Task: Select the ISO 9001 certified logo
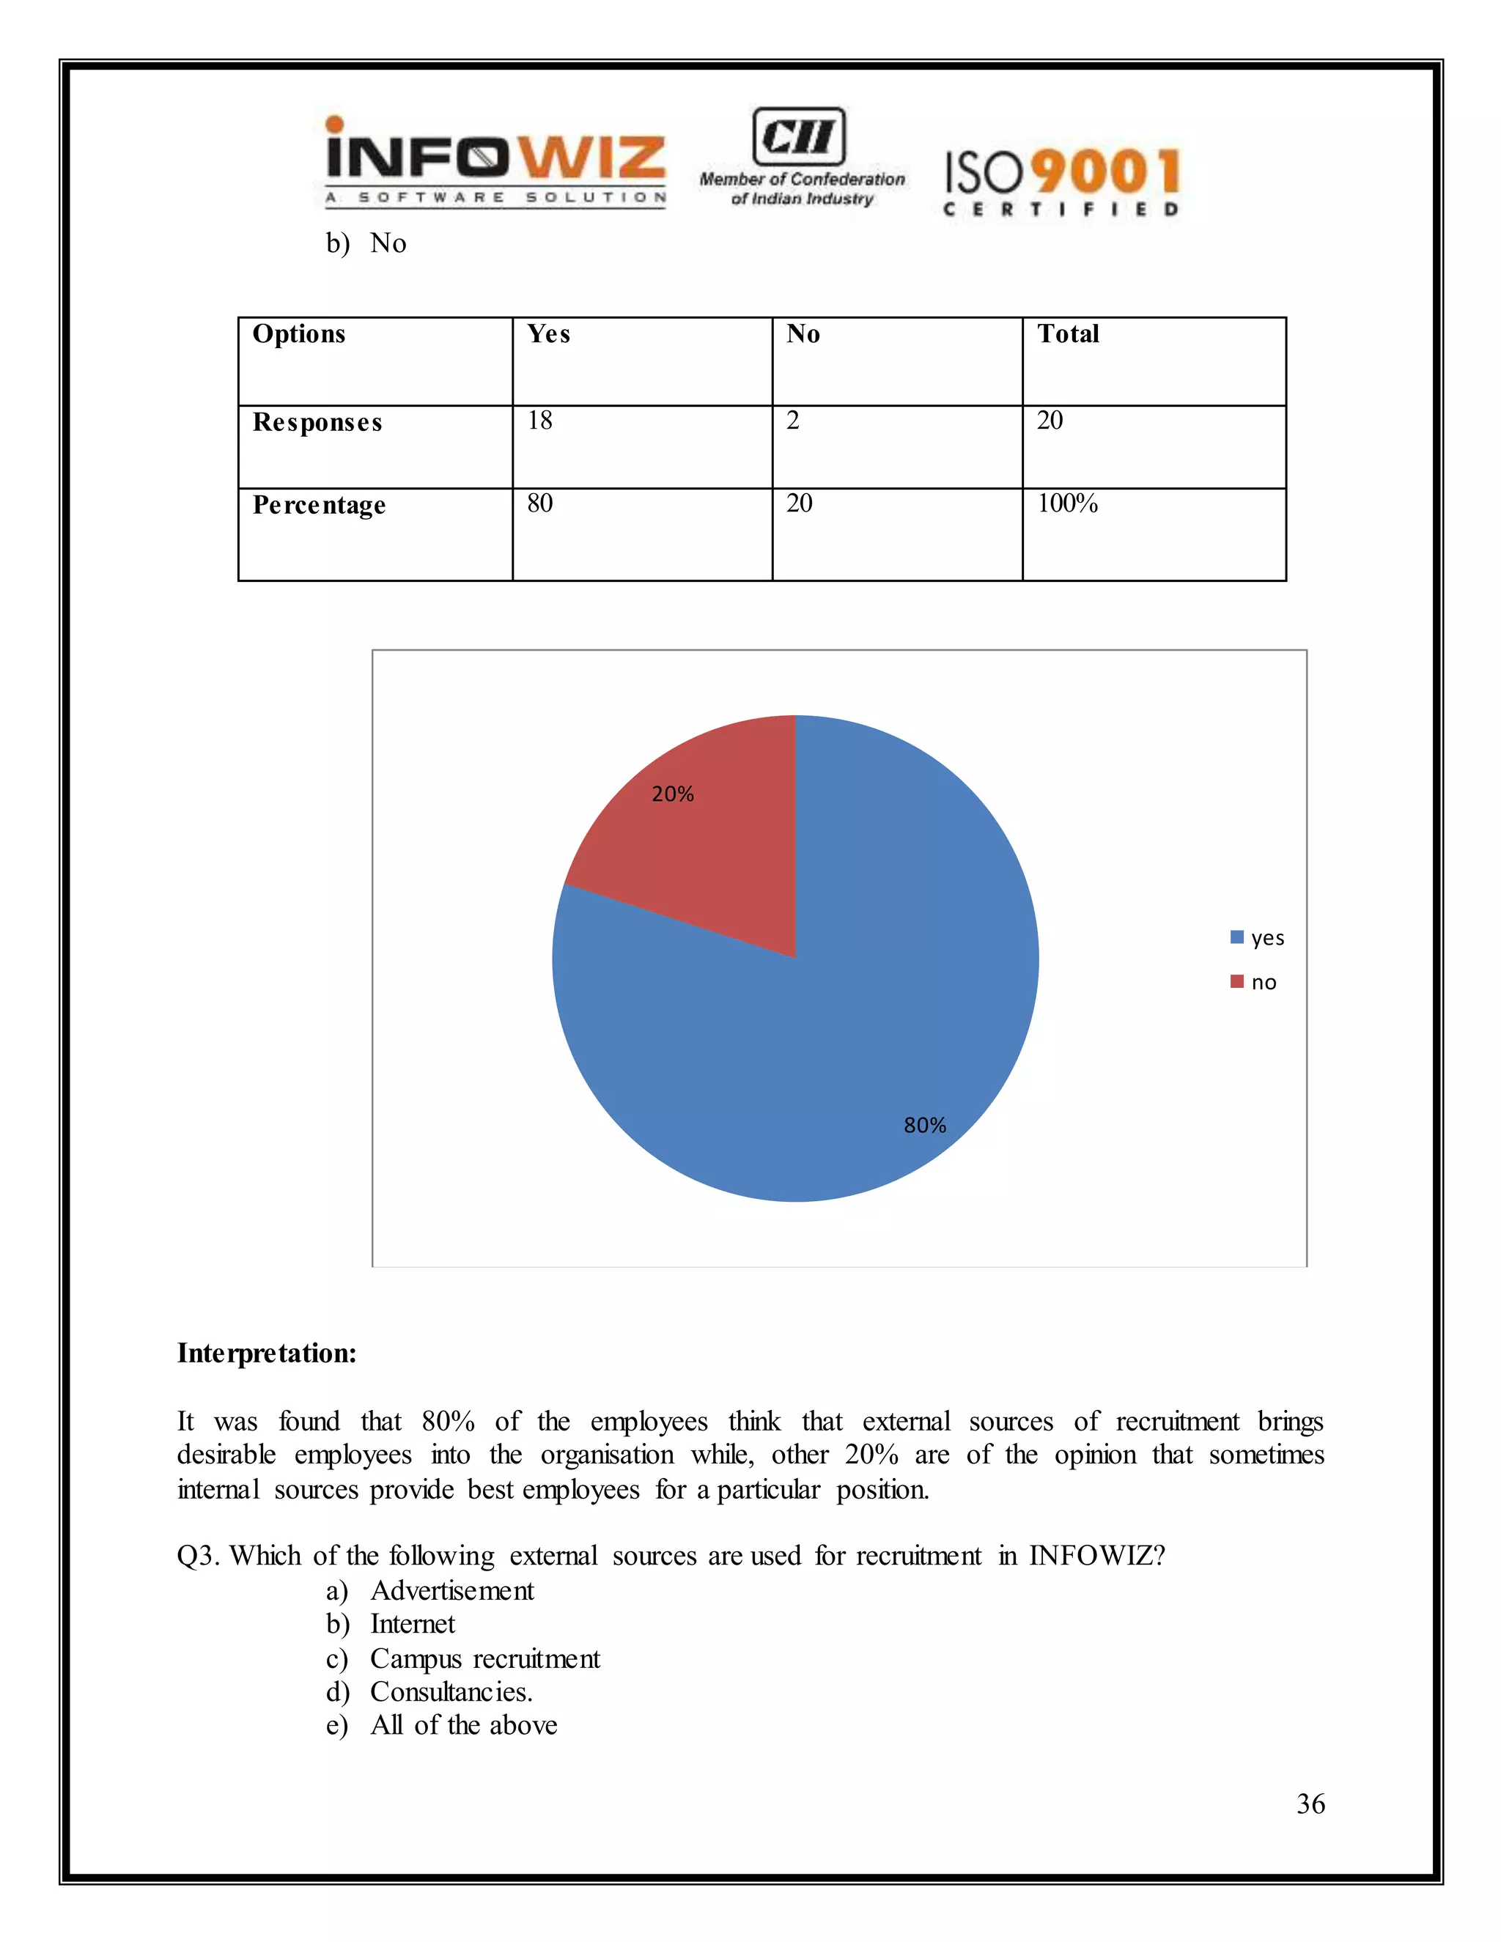(1062, 182)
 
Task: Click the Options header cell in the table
(299, 334)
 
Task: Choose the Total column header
(1068, 334)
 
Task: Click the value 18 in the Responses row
(539, 421)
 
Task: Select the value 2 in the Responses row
(792, 421)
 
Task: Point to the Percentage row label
(320, 505)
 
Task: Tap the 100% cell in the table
(1067, 504)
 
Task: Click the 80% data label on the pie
(925, 1126)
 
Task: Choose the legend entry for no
(1255, 983)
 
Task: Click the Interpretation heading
(267, 1354)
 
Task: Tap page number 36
(1310, 1804)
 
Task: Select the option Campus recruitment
(484, 1659)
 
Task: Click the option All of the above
(463, 1726)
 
